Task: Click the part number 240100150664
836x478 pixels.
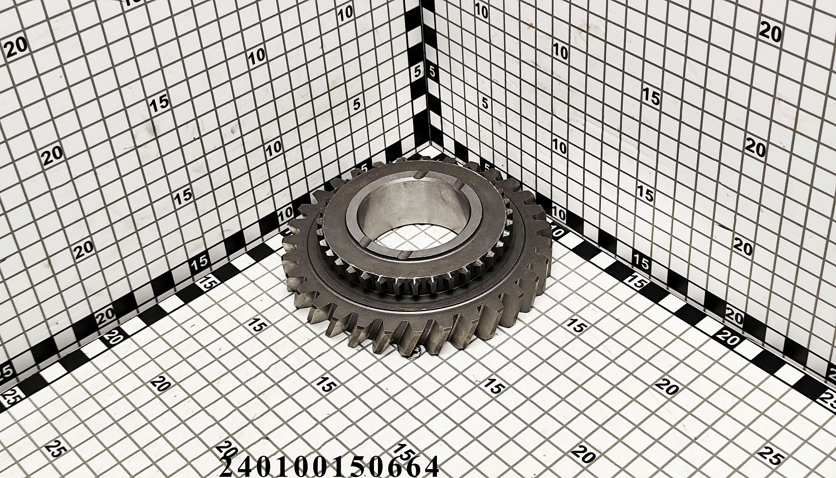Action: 329,466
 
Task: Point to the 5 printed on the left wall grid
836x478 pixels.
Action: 357,105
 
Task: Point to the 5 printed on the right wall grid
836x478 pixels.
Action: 485,103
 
